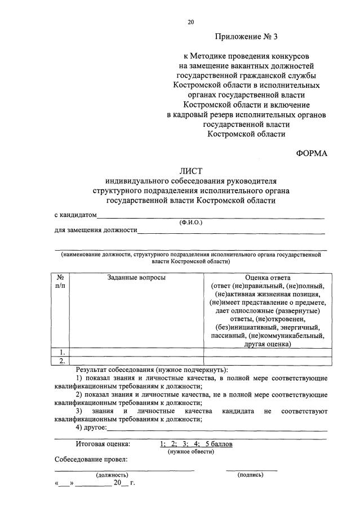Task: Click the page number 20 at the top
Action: (x=190, y=22)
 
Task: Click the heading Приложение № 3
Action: (x=246, y=37)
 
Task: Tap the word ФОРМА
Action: (x=312, y=153)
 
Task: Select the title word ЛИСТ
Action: (x=190, y=171)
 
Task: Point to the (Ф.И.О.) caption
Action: (x=190, y=223)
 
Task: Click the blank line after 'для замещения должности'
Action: (x=231, y=232)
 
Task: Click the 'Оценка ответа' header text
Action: (x=268, y=278)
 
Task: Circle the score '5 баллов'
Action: (x=219, y=444)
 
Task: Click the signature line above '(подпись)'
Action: (x=251, y=469)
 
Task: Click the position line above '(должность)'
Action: (x=124, y=469)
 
